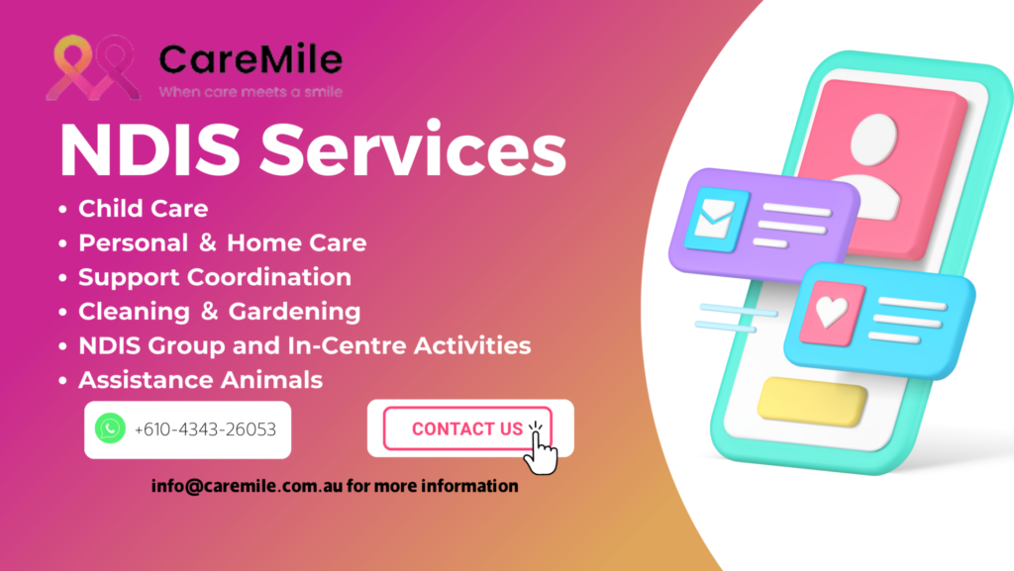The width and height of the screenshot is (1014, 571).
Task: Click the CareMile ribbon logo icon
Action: (x=93, y=68)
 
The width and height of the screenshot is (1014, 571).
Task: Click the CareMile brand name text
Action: (x=251, y=58)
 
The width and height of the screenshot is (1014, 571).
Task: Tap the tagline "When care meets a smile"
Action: (x=251, y=92)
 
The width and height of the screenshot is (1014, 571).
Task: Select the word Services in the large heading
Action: (x=413, y=149)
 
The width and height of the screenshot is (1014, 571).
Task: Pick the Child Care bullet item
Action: (x=143, y=209)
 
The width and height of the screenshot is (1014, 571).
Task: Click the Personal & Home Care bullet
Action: (x=223, y=242)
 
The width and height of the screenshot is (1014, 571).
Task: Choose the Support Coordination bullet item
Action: (x=215, y=277)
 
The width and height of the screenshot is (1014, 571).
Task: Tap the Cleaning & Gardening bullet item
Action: (x=219, y=312)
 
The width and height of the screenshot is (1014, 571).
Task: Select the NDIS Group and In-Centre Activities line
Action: (x=305, y=345)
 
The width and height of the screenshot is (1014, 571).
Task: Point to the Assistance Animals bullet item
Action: (x=200, y=380)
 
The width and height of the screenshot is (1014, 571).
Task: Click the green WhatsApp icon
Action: (x=110, y=428)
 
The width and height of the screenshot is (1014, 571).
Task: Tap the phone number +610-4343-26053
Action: (x=205, y=428)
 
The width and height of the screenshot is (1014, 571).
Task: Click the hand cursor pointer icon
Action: (x=540, y=450)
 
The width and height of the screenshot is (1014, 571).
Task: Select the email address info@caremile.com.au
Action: (x=247, y=486)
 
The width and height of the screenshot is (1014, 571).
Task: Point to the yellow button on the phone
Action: (x=812, y=401)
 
